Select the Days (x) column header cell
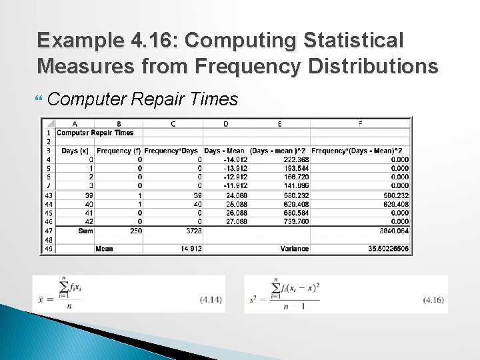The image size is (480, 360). [75, 151]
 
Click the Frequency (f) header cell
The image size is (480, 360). [119, 151]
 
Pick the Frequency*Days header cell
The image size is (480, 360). [173, 151]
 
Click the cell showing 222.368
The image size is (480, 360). [296, 159]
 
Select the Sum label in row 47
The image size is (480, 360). [85, 230]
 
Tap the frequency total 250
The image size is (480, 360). [135, 230]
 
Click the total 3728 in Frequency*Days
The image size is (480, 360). [193, 230]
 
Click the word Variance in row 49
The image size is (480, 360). [294, 249]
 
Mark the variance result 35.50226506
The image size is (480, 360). [385, 249]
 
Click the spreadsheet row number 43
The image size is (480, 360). [48, 195]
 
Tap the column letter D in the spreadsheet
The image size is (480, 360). [225, 123]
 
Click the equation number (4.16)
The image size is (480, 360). [433, 300]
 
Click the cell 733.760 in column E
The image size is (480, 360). [296, 221]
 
